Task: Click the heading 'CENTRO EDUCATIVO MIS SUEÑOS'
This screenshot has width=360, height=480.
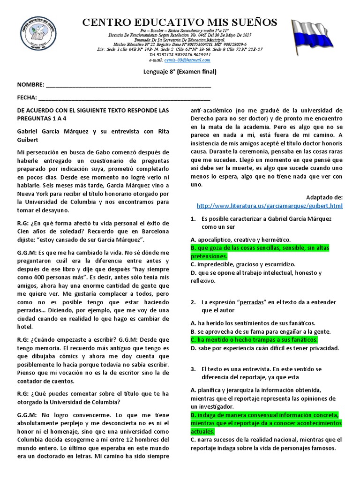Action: pos(180,22)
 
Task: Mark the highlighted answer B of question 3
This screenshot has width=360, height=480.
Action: pos(265,423)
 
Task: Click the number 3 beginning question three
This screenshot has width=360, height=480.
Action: pos(193,369)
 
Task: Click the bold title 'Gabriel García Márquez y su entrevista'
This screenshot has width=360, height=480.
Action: pos(92,132)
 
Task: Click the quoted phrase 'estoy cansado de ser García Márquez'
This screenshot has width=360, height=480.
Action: pos(92,239)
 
